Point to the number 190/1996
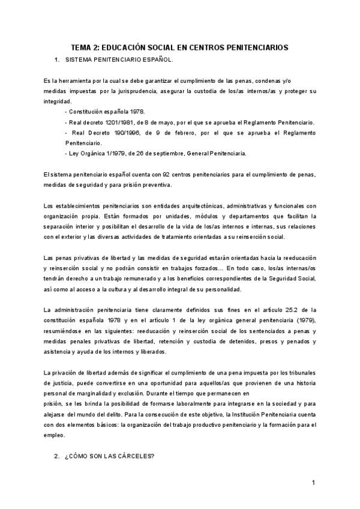(130, 133)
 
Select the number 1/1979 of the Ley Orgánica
(108, 153)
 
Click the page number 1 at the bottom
(313, 482)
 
